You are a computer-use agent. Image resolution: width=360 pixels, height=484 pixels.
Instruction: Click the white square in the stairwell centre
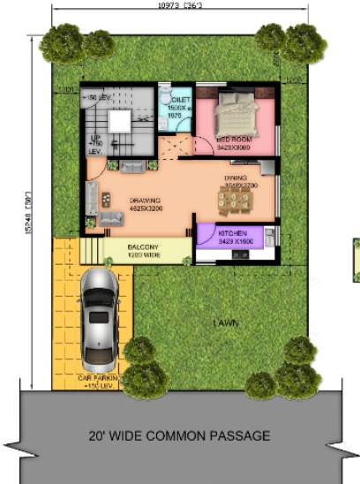[x=119, y=122]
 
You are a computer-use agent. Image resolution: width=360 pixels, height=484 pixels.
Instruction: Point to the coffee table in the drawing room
[x=108, y=197]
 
